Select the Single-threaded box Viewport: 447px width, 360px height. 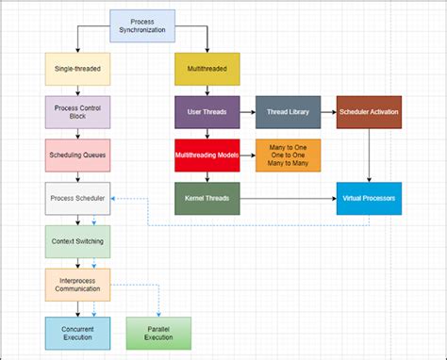coord(78,69)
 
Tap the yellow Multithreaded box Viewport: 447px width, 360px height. coord(207,69)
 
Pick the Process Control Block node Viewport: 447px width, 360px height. coord(78,111)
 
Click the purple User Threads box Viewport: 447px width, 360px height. coord(207,112)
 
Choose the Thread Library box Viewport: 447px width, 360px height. coord(283,112)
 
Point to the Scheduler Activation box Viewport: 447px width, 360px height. coord(369,112)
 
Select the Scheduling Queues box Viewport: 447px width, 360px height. coord(78,155)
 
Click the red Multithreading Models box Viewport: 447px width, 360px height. coord(207,155)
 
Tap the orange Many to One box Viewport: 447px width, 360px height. coord(288,155)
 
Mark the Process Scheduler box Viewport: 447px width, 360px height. coord(78,199)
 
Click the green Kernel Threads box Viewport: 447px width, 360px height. coord(207,199)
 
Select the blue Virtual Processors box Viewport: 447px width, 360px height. coord(369,199)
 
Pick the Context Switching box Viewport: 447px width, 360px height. coord(78,241)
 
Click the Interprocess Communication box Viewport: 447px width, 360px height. coord(78,285)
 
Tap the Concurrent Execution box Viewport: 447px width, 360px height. coord(78,333)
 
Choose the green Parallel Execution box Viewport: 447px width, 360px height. coord(159,333)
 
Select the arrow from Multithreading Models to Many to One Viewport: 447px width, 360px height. coord(247,155)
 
